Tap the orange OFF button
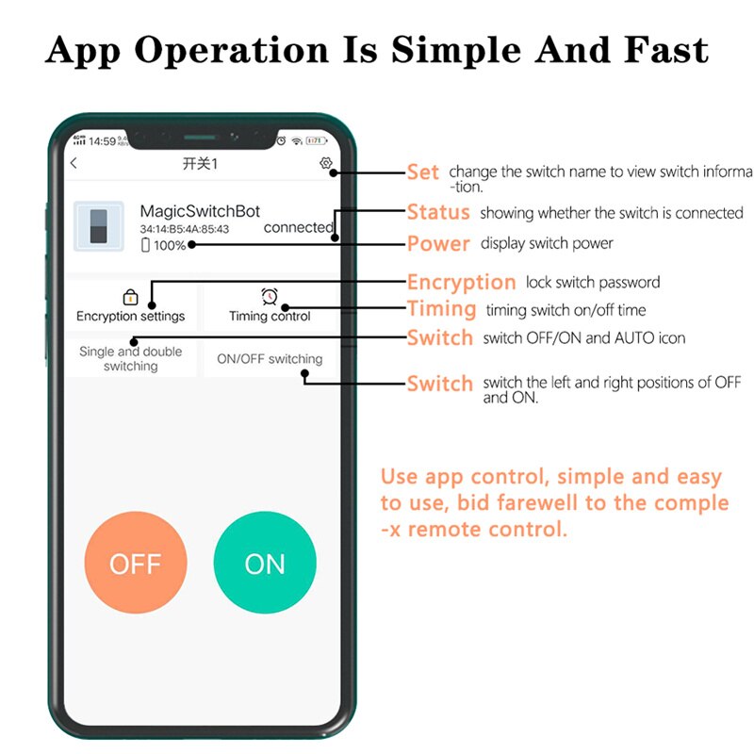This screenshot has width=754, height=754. click(x=136, y=564)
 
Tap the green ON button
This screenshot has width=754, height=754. click(x=265, y=564)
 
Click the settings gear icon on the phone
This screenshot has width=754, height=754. click(x=326, y=164)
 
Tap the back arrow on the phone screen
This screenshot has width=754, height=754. click(x=74, y=164)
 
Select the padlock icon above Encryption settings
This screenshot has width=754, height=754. click(x=131, y=297)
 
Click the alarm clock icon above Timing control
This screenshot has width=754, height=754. click(x=270, y=297)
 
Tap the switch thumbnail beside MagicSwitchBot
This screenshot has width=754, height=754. click(x=98, y=226)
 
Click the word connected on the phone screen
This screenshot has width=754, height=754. click(x=298, y=227)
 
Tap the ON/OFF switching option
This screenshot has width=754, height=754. click(x=270, y=359)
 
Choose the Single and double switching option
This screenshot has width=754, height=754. click(x=131, y=359)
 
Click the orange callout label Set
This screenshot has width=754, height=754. click(x=423, y=172)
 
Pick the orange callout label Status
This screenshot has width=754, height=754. click(x=438, y=213)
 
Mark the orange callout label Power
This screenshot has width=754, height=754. click(x=438, y=244)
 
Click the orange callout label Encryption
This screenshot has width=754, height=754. click(x=461, y=282)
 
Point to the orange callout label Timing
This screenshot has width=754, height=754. click(x=442, y=309)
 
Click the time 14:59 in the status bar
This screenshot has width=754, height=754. click(x=102, y=141)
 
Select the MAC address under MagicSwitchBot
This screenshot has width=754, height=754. click(x=184, y=229)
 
